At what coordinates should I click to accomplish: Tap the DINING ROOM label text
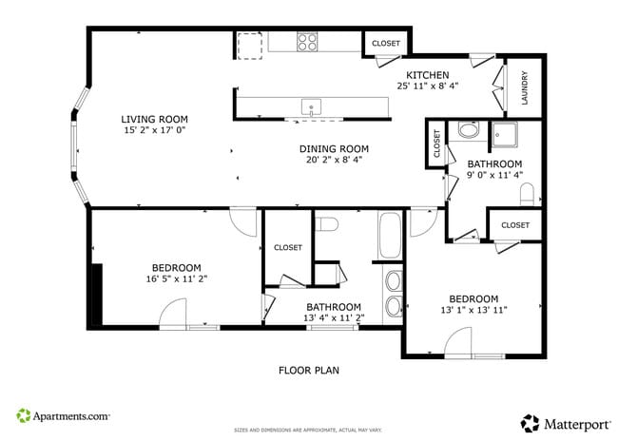(334, 148)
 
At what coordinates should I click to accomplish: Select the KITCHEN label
(427, 74)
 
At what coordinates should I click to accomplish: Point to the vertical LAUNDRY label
(524, 87)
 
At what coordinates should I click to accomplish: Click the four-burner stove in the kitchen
(307, 42)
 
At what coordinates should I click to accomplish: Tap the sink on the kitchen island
(311, 106)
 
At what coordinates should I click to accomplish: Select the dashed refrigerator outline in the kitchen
(250, 45)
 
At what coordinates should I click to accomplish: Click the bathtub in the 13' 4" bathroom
(390, 235)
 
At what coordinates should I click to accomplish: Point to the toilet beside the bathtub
(327, 224)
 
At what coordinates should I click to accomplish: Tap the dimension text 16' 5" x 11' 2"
(176, 279)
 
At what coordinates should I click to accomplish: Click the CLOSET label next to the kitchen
(386, 44)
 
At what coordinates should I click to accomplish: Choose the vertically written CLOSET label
(437, 144)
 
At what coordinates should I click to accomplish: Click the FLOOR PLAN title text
(308, 371)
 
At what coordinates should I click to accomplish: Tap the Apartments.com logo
(63, 416)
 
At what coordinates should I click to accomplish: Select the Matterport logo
(561, 422)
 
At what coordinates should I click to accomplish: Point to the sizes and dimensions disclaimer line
(308, 430)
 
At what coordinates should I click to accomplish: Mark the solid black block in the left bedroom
(95, 295)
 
